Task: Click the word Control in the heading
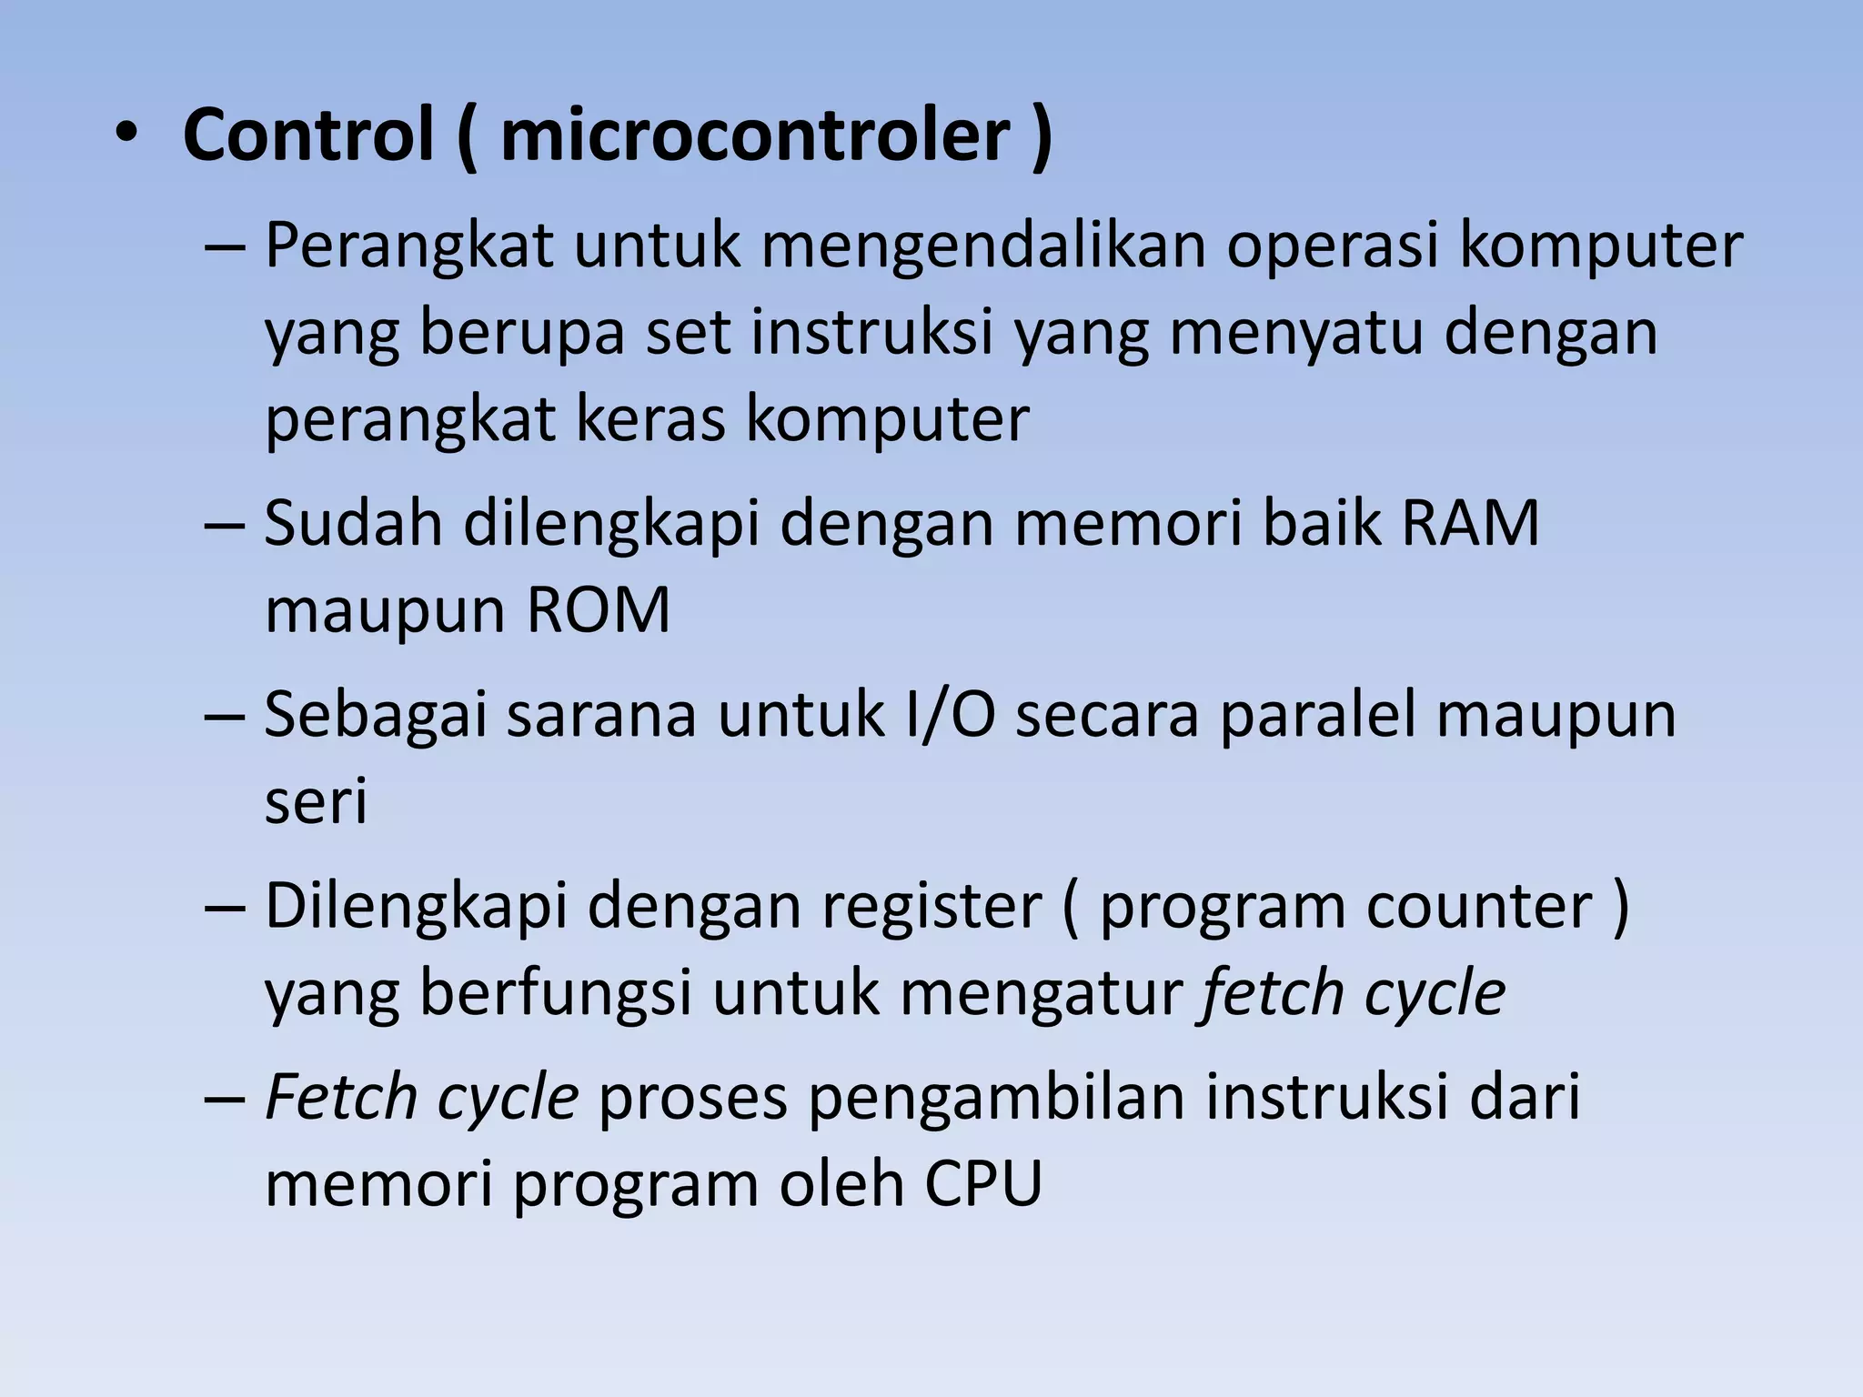307,136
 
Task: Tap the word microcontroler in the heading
755,136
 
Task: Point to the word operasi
1333,247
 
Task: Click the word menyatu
1295,333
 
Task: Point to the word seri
316,801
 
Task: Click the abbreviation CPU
983,1184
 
